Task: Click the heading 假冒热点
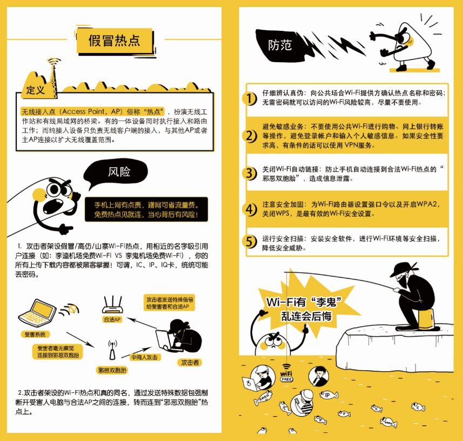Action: pyautogui.click(x=115, y=40)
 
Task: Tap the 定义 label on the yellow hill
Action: pyautogui.click(x=36, y=90)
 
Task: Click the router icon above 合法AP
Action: pyautogui.click(x=112, y=304)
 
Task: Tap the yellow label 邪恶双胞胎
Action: pyautogui.click(x=112, y=370)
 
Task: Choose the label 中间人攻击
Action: pyautogui.click(x=144, y=357)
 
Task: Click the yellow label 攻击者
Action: pyautogui.click(x=190, y=363)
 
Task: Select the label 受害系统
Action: pyautogui.click(x=35, y=334)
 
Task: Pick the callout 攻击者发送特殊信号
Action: pyautogui.click(x=170, y=302)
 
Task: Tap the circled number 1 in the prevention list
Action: pyautogui.click(x=250, y=98)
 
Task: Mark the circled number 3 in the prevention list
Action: pyautogui.click(x=250, y=173)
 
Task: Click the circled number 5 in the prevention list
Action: pyautogui.click(x=250, y=242)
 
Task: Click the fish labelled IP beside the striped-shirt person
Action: pyautogui.click(x=328, y=394)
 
